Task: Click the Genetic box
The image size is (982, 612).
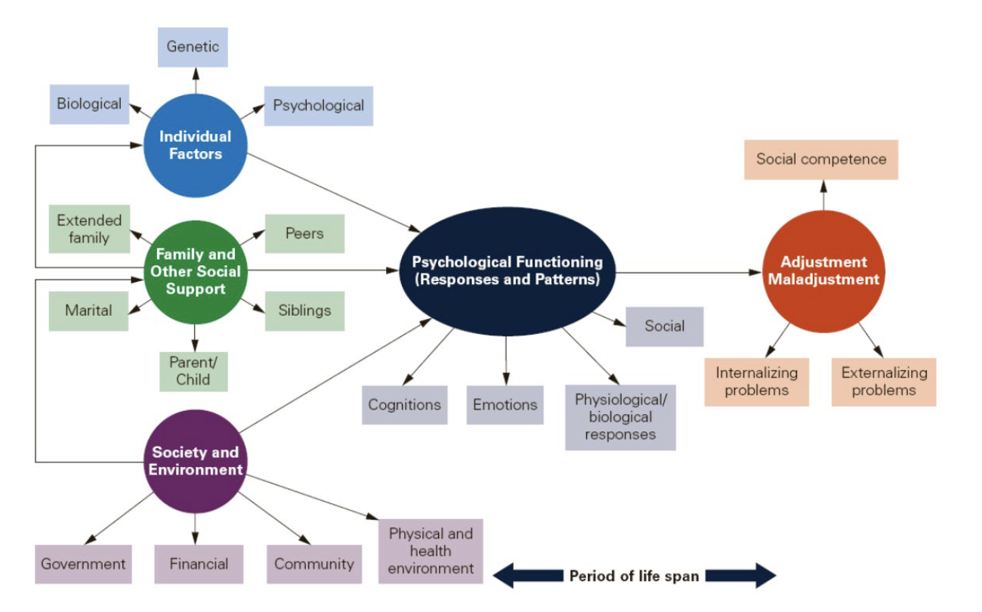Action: coord(193,47)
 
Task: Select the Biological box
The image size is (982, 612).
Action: coord(89,104)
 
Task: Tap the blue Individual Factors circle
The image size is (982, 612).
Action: coord(196,146)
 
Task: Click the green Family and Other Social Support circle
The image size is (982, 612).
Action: coord(196,272)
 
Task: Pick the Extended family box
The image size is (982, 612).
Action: coord(89,229)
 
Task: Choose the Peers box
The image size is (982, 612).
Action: coord(304,233)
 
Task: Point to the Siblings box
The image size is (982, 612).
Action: coord(304,311)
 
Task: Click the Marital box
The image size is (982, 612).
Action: coord(88,311)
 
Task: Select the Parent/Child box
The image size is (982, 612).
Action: coord(193,370)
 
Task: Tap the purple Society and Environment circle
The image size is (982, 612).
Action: coord(196,461)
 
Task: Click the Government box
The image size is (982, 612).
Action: coord(83,564)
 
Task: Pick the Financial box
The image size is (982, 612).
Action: coord(199,564)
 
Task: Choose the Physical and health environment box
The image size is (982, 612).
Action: coord(431,551)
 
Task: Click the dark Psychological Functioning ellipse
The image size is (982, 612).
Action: coord(507,270)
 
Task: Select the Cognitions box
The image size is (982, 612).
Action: coord(404,405)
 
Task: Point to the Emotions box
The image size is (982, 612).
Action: coord(505,405)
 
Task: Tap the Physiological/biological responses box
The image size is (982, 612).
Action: coord(620,417)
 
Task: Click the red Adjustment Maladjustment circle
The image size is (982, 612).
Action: coord(823,270)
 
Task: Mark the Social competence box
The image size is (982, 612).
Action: coord(821,159)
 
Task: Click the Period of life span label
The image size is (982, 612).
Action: coord(634,576)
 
